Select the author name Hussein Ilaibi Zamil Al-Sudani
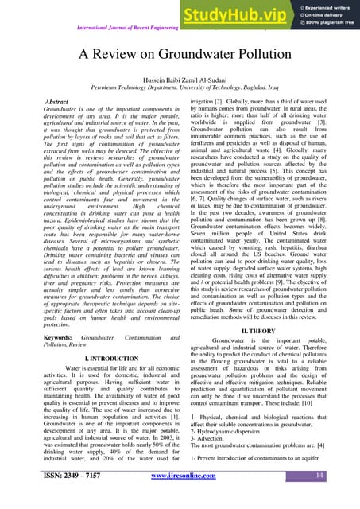pos(180,81)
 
